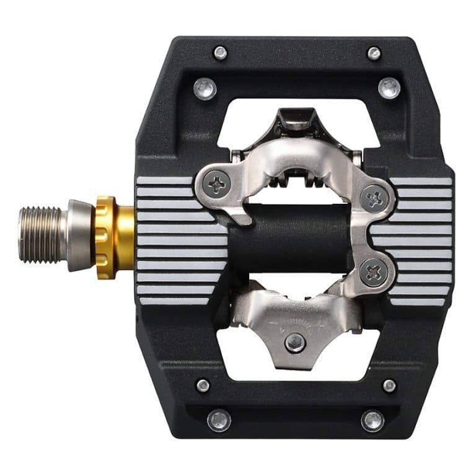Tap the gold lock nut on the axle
115,237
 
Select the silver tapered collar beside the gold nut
79,235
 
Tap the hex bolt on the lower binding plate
295,342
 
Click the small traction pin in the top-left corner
220,53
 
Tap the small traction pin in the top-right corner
374,53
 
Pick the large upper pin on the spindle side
205,89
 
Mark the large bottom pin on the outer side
372,421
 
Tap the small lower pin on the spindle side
203,386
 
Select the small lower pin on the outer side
389,386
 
